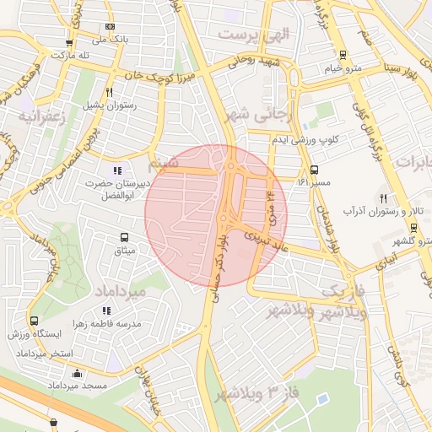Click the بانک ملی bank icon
[109, 27]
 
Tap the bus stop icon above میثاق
[125, 237]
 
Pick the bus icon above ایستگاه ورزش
[34, 321]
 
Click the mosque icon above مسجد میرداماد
[78, 373]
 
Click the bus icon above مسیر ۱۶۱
[314, 169]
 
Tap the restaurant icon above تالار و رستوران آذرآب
[382, 197]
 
